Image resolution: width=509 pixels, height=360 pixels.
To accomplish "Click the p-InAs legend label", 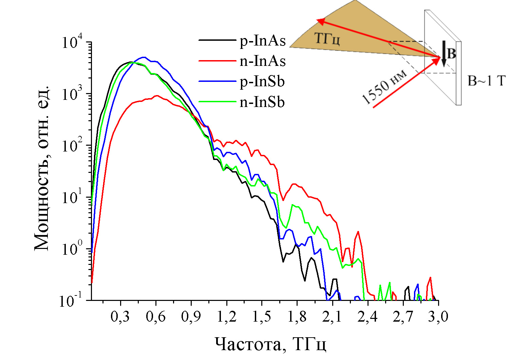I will tap(263, 41).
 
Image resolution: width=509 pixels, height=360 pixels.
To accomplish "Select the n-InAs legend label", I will tap(263, 61).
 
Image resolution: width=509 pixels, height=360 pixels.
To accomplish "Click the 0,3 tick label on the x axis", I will tap(120, 317).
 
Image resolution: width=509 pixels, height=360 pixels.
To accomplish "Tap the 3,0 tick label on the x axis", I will tap(438, 317).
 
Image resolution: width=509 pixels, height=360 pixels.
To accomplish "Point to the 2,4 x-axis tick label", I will tap(367, 317).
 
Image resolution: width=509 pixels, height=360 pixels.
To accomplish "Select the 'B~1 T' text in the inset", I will tap(487, 81).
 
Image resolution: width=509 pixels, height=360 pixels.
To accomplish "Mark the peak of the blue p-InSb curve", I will tap(144, 57).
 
